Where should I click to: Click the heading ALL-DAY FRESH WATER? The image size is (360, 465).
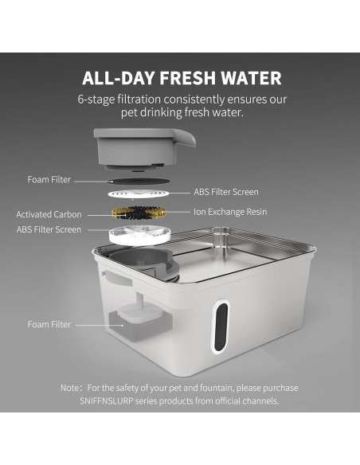[x=181, y=78]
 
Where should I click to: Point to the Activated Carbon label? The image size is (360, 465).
[x=49, y=214]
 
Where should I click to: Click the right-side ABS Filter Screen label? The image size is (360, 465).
[x=226, y=192]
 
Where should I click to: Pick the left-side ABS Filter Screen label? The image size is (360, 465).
[x=49, y=229]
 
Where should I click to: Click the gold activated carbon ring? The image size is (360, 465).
[x=142, y=213]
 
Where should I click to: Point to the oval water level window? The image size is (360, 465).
[x=224, y=326]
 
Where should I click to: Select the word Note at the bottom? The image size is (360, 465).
[x=70, y=388]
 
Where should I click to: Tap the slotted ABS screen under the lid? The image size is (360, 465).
[x=141, y=193]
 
